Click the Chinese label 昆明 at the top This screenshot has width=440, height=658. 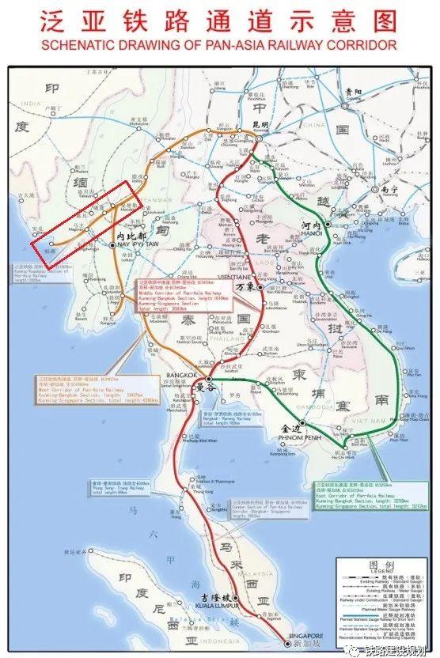[x=260, y=125]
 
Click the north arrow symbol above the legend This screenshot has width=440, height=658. [x=400, y=545]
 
